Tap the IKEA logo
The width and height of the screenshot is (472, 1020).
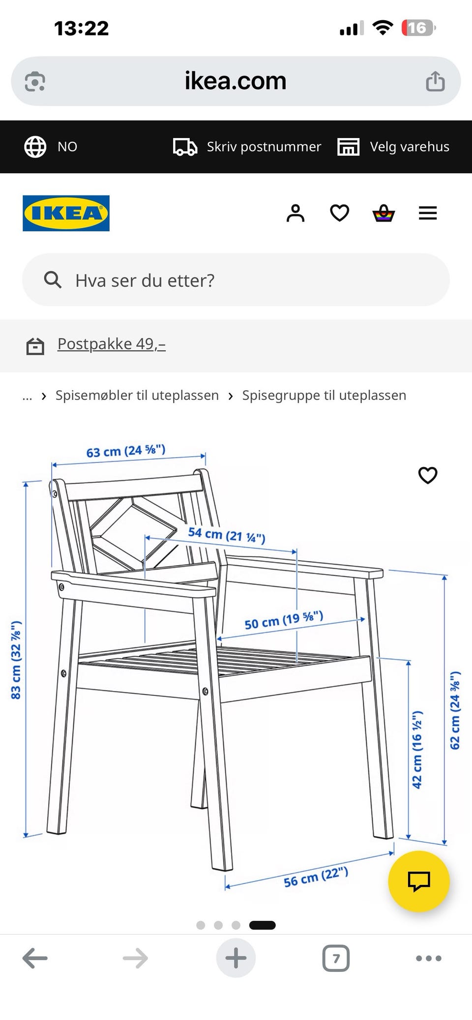point(66,213)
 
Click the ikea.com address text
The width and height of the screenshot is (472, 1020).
point(236,81)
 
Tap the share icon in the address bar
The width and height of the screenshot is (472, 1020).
point(435,81)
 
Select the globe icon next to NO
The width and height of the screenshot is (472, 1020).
point(35,146)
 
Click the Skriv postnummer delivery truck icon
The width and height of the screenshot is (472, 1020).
point(185,147)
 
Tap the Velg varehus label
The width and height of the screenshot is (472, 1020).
point(410,147)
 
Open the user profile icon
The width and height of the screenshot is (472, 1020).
point(295,213)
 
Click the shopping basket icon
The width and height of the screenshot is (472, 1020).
point(383,213)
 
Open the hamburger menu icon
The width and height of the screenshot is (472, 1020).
point(428,213)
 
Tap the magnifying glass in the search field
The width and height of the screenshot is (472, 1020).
point(53,280)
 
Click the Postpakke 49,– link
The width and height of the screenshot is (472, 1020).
point(112,344)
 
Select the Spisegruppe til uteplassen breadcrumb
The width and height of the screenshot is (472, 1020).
point(324,395)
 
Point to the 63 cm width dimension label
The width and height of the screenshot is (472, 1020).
point(126,451)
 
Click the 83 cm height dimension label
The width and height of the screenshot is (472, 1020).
point(16,660)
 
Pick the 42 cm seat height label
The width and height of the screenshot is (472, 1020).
point(417,749)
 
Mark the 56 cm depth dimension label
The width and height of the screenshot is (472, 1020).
point(316,877)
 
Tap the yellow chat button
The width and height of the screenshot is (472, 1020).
point(419,882)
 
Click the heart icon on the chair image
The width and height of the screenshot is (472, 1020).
point(428,475)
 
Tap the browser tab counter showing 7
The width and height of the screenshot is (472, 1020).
point(336,958)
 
